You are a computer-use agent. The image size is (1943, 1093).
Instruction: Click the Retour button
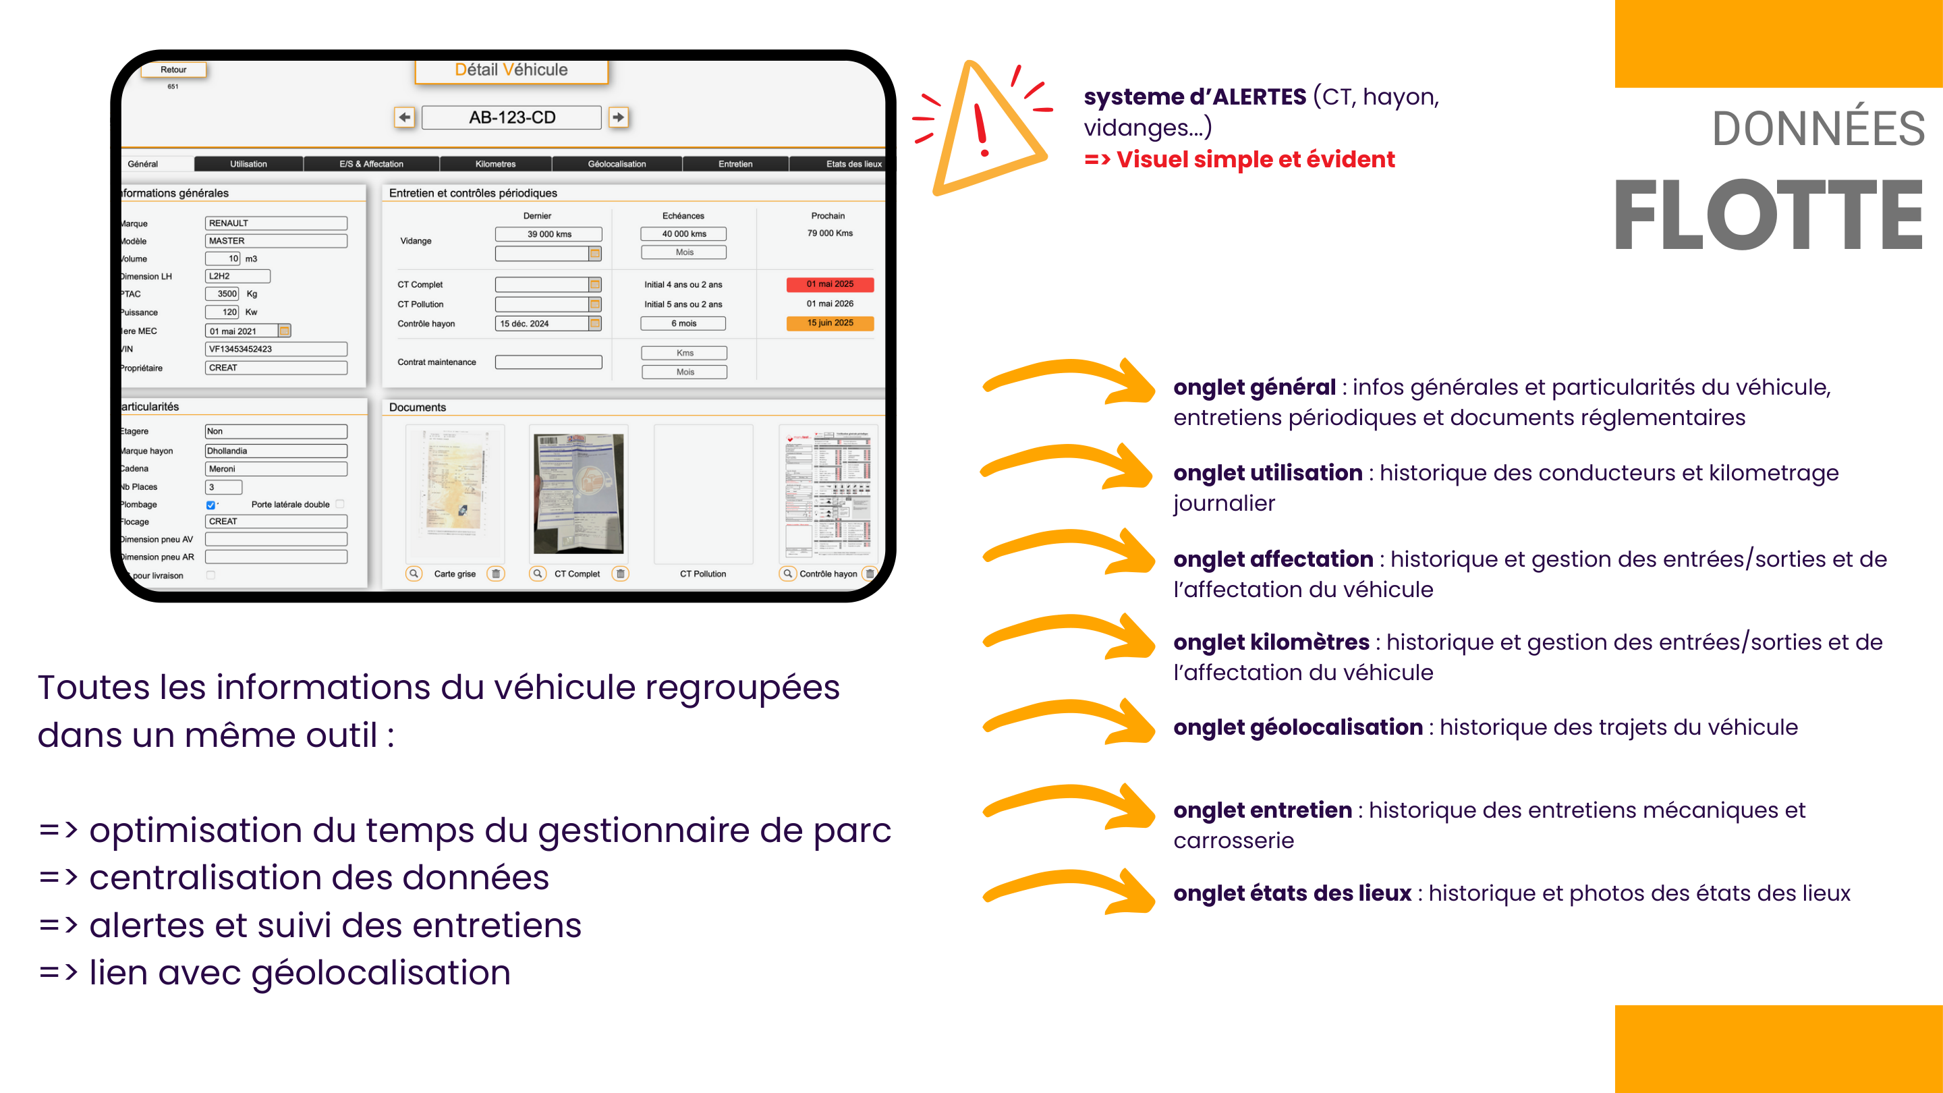coord(173,69)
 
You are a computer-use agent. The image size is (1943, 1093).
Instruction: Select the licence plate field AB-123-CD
coord(511,117)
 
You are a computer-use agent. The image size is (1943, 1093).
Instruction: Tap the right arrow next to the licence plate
coord(619,117)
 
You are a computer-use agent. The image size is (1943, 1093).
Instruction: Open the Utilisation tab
coord(248,164)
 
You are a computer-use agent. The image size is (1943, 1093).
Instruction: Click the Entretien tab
coord(735,164)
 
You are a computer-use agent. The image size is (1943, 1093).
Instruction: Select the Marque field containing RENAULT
coord(275,223)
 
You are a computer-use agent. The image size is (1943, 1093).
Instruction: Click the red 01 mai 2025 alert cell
coord(830,284)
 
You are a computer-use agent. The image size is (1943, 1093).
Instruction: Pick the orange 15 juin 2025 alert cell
coord(830,323)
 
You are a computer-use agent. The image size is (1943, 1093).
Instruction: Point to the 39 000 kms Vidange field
coord(548,234)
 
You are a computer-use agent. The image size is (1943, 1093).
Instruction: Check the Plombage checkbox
coord(210,505)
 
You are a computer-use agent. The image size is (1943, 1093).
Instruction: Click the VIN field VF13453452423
coord(275,349)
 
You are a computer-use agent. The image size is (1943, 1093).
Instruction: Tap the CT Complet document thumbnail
coord(579,494)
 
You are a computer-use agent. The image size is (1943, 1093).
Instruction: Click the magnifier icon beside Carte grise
coord(414,574)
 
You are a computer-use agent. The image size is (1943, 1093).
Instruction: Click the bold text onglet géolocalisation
coord(1297,727)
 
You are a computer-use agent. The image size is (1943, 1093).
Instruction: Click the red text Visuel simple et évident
coord(1254,160)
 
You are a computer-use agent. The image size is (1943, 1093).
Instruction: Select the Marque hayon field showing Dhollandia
coord(275,451)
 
